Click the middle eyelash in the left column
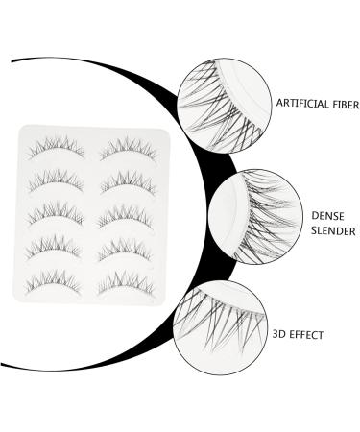[x=57, y=214]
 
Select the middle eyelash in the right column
[x=129, y=214]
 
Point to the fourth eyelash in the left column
[x=57, y=248]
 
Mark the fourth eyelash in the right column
[x=129, y=248]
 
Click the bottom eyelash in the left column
[x=57, y=280]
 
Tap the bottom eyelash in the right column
[x=129, y=280]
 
